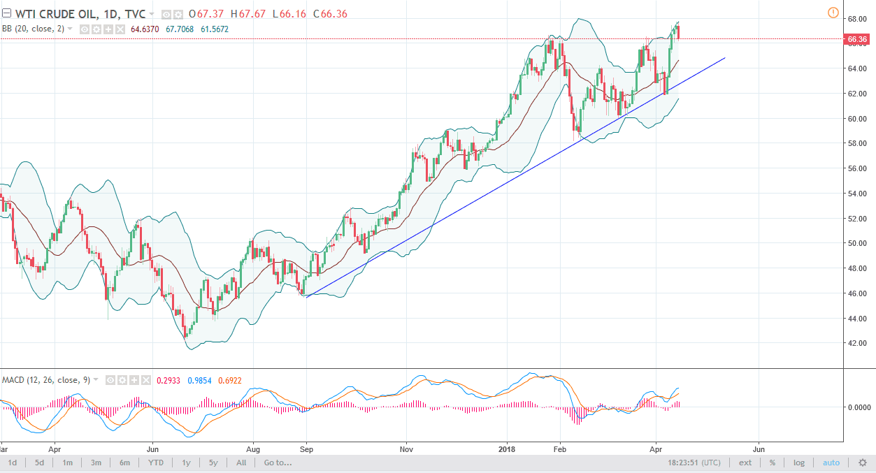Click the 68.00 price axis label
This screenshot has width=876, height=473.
click(858, 18)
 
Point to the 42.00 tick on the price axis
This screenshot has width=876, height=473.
click(858, 344)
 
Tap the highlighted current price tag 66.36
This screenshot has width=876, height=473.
click(857, 40)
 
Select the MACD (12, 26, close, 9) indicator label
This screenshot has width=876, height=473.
click(45, 380)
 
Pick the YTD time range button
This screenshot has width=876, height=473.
click(155, 463)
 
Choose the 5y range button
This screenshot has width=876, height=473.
click(213, 463)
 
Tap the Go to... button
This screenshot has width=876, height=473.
click(278, 463)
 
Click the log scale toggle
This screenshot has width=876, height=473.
click(799, 463)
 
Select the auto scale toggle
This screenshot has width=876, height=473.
click(831, 463)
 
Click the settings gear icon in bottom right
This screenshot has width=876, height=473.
click(863, 463)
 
